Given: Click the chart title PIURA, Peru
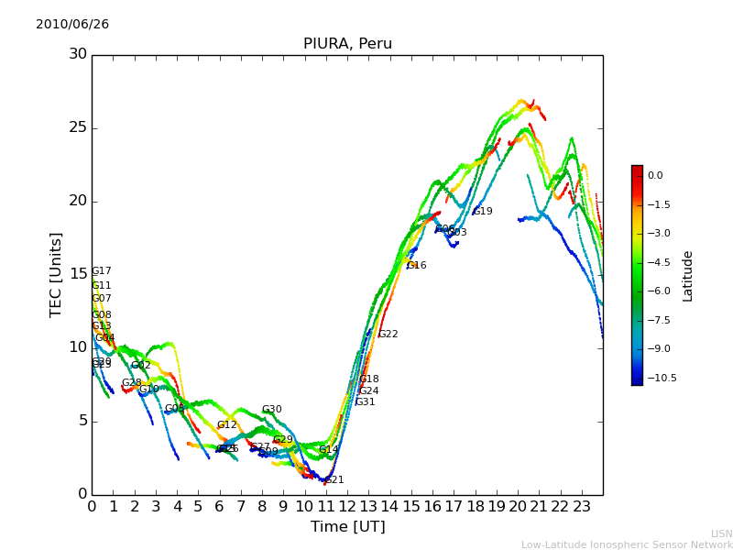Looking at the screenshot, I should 347,44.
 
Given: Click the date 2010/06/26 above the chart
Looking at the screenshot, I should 72,25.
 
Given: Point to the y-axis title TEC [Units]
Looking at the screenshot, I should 57,274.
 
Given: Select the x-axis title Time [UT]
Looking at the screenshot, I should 347,527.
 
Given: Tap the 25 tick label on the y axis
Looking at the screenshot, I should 78,127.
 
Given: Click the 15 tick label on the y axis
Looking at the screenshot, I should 78,274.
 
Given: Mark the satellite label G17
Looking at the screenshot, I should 102,271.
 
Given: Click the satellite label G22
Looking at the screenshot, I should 388,335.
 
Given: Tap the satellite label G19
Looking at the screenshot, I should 483,212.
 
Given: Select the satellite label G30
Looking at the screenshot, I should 272,410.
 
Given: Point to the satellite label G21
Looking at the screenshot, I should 334,480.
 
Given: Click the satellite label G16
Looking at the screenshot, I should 417,266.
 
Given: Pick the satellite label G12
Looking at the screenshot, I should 227,425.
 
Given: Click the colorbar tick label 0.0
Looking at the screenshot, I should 655,175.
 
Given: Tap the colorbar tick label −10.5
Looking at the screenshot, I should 661,378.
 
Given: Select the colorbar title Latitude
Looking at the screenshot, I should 688,275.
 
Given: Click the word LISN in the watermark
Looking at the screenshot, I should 722,533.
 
